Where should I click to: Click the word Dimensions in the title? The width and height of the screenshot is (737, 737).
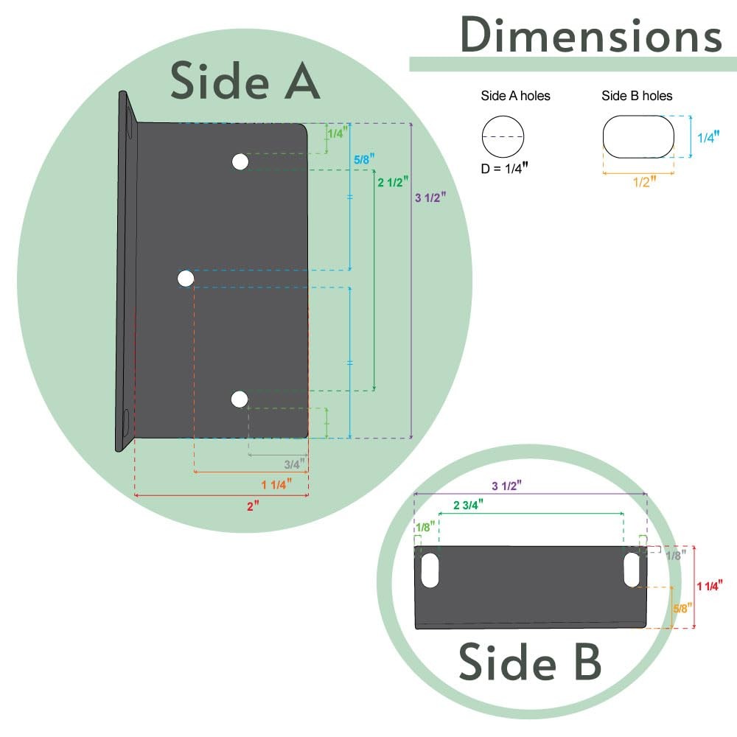590,34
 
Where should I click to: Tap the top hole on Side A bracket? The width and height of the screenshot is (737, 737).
240,162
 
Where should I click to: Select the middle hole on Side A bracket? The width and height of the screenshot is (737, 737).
186,278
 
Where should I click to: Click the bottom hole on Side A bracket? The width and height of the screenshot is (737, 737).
239,399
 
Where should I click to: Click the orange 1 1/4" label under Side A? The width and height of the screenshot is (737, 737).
277,484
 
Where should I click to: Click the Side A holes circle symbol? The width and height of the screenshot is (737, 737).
503,136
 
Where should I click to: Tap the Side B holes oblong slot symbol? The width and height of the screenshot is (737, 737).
638,136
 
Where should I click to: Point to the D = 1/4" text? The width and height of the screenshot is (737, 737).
504,168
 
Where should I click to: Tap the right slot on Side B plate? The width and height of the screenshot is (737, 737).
632,570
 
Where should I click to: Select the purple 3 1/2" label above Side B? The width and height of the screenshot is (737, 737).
506,486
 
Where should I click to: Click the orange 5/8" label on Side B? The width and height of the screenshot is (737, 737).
683,608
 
